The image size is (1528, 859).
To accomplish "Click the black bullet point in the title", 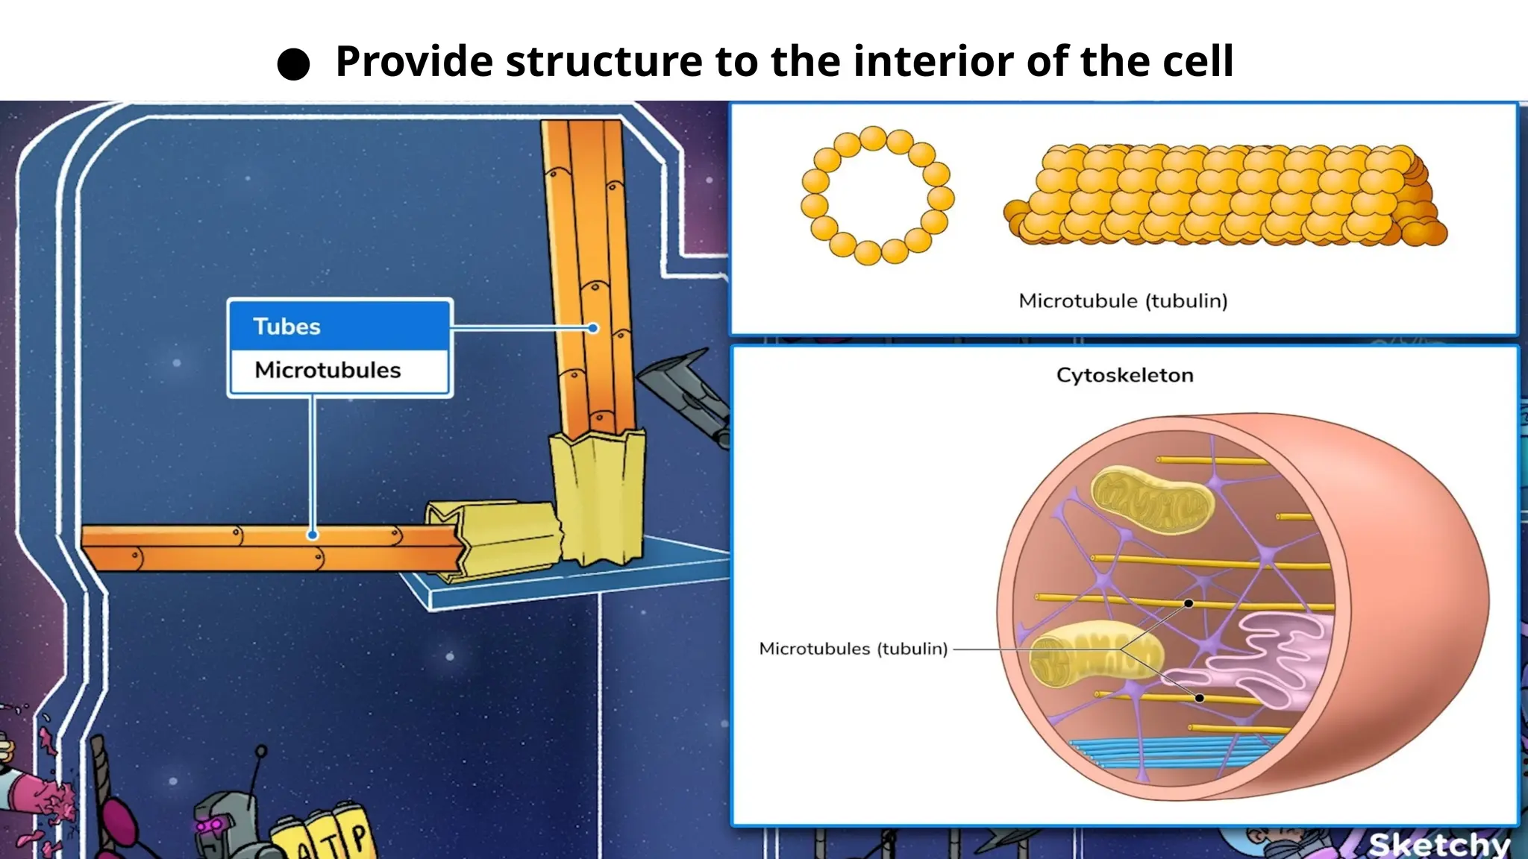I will [x=293, y=64].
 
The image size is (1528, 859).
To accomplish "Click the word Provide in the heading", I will [x=413, y=61].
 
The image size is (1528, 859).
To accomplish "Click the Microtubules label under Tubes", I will [x=328, y=370].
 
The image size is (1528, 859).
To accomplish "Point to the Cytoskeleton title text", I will [x=1124, y=375].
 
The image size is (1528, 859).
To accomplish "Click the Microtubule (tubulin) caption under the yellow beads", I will [x=1123, y=301].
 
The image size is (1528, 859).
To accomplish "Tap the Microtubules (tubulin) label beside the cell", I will [x=853, y=649].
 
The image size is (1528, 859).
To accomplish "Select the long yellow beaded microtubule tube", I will [x=1224, y=196].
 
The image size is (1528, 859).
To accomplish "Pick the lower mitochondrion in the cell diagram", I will [x=1093, y=655].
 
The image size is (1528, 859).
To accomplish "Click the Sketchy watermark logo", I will [x=1439, y=844].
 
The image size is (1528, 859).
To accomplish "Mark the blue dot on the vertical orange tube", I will [x=592, y=328].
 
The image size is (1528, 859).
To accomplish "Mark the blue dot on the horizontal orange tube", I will [x=313, y=535].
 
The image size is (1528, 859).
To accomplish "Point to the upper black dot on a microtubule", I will [x=1189, y=603].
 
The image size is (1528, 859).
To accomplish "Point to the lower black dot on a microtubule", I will [x=1199, y=698].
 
